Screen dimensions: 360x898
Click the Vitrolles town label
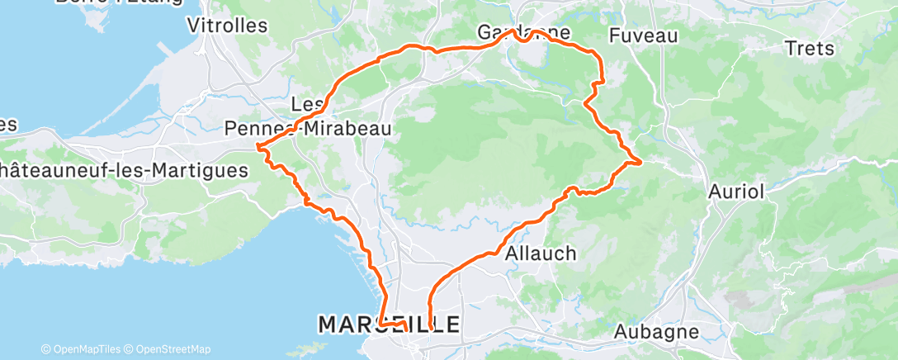tap(228, 26)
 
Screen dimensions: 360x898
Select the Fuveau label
tap(643, 36)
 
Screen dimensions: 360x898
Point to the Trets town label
tap(811, 49)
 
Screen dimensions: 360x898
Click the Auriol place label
tap(737, 191)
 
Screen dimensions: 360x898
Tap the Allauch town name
tap(541, 253)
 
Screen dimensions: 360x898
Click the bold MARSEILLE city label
tap(390, 324)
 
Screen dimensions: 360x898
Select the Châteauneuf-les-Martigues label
tap(124, 171)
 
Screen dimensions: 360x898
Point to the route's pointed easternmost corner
tap(641, 160)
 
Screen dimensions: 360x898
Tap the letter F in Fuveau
tap(614, 36)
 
